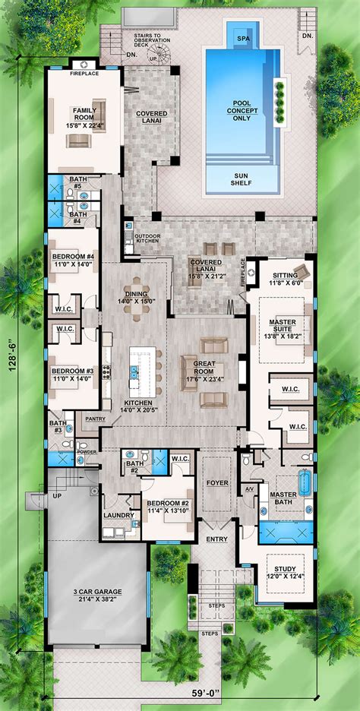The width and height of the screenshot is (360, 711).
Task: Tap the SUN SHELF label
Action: click(x=242, y=179)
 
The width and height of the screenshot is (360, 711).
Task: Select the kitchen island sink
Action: click(x=134, y=371)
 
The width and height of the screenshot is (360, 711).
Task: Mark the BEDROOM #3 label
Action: click(x=74, y=374)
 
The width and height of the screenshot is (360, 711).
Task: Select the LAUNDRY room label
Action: click(x=118, y=516)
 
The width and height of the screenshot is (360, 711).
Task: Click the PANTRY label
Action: click(x=95, y=419)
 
